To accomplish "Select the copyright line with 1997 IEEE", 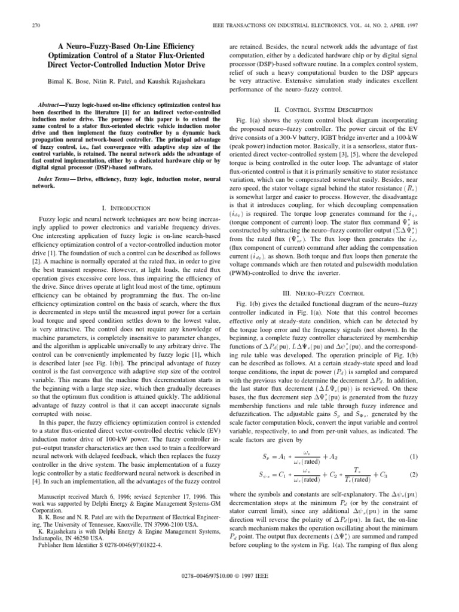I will (229, 591).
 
